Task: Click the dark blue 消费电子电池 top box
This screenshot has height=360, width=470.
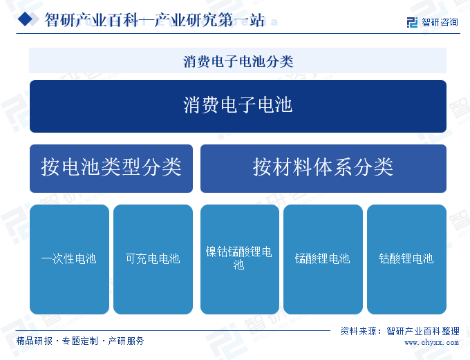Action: coord(238,106)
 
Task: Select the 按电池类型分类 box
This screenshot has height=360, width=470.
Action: coord(111,169)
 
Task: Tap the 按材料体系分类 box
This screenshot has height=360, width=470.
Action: coord(323,169)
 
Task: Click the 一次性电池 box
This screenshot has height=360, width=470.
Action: coord(69,259)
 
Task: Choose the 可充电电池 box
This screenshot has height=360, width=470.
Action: coord(153,259)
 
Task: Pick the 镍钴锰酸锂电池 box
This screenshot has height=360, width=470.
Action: coord(240,259)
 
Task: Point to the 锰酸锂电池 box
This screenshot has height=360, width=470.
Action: coord(323,259)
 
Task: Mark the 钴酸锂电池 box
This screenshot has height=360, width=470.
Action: coord(406,259)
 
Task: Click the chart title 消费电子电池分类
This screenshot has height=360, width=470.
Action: coord(238,61)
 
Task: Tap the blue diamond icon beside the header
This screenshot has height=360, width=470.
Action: coord(25,19)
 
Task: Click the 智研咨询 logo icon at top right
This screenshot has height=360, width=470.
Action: coord(412,22)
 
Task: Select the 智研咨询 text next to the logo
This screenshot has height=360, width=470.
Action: coord(440,22)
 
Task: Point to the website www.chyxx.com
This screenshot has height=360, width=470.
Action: coord(431,342)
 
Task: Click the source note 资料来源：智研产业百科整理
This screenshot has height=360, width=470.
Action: coord(400,331)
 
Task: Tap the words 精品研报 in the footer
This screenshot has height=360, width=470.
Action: coord(34,341)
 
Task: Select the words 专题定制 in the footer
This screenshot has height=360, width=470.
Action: coord(80,341)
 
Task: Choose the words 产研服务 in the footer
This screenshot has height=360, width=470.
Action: coord(126,341)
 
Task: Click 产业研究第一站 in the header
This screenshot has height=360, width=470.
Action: coord(209,20)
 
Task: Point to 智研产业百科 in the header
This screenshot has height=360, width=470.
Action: coord(91,20)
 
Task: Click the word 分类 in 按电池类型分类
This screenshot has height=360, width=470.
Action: coord(162,167)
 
